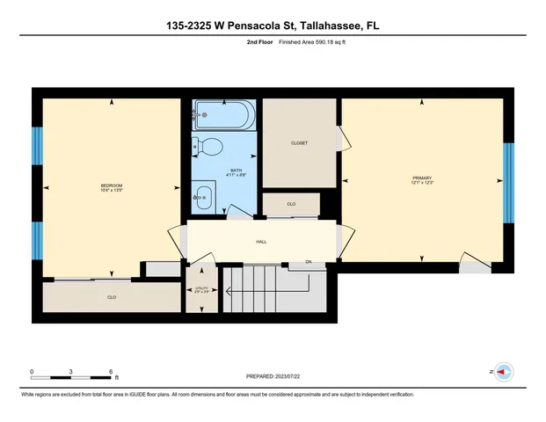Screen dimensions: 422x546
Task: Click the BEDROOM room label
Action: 111,186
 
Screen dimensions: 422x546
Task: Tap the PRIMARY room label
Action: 424,178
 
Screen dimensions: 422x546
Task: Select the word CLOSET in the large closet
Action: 299,143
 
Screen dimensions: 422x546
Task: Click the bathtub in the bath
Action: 224,114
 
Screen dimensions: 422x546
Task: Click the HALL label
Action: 261,242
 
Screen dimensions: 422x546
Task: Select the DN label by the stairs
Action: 309,262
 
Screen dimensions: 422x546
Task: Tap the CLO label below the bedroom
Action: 112,298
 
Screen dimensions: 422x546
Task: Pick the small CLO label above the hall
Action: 291,204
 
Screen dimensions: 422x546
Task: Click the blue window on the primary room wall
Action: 507,182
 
